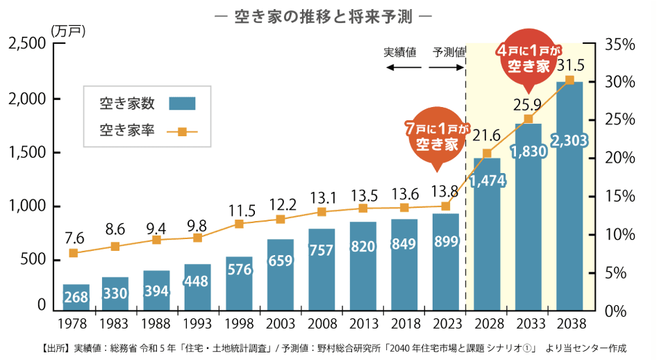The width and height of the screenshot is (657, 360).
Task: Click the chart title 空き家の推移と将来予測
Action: [328, 15]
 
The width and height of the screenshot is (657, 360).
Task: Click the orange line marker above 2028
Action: [487, 154]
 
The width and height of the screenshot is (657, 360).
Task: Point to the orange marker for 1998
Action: [239, 224]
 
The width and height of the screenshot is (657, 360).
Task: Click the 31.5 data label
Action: [571, 65]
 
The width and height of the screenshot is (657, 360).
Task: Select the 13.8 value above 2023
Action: [445, 190]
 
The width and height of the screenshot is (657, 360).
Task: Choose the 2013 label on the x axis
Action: [363, 325]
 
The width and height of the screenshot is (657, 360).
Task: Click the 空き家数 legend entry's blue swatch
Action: [182, 104]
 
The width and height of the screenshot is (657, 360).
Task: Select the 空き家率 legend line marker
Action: [182, 130]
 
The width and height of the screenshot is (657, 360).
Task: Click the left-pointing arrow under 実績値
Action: [404, 67]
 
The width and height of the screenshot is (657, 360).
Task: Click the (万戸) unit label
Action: [66, 30]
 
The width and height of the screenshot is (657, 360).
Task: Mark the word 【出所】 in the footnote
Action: [55, 347]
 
